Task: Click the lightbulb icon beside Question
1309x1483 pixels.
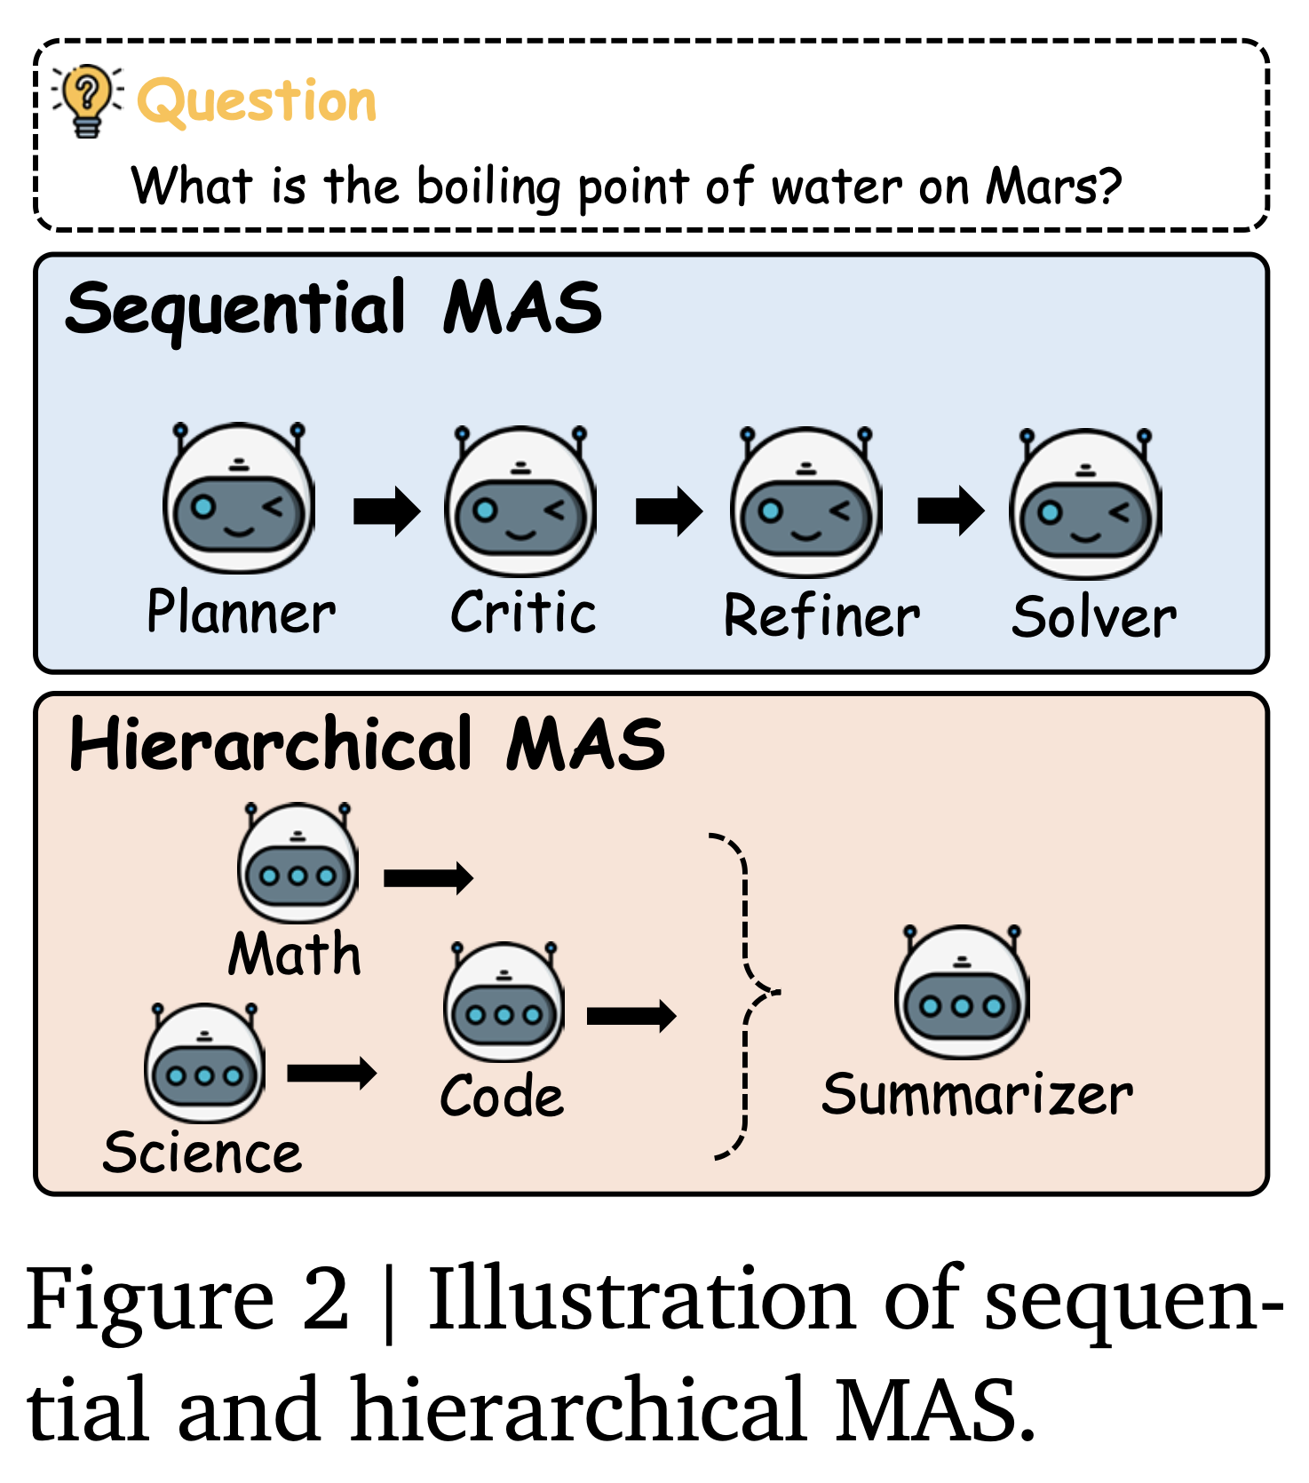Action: click(87, 99)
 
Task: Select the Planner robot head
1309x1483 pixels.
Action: click(239, 499)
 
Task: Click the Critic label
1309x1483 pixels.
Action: click(523, 613)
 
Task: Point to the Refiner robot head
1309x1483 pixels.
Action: click(805, 503)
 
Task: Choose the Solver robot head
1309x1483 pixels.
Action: click(1085, 504)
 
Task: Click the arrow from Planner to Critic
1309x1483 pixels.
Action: click(386, 512)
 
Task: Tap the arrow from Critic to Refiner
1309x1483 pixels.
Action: click(669, 512)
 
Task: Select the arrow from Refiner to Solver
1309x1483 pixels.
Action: click(950, 511)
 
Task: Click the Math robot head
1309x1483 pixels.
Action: click(297, 862)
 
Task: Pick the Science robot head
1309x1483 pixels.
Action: click(205, 1063)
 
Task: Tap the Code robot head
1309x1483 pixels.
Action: click(504, 1003)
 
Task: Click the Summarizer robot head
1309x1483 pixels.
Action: click(962, 992)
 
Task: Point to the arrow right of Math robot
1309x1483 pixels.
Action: click(428, 878)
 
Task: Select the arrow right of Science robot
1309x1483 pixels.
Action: click(331, 1073)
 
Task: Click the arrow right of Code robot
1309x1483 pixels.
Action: click(631, 1016)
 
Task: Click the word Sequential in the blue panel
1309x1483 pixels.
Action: click(235, 309)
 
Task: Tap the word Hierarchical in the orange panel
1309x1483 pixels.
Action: click(271, 744)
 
